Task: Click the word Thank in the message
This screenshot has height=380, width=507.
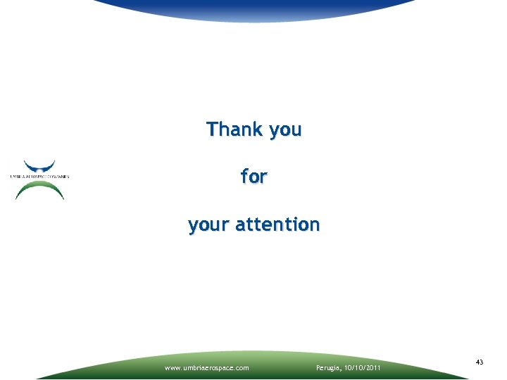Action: click(x=234, y=129)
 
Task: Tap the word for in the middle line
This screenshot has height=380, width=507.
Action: click(x=254, y=177)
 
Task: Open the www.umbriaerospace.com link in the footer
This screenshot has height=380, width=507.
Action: click(x=206, y=367)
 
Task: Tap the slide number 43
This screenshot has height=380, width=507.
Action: click(x=480, y=362)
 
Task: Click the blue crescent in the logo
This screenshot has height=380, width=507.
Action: click(x=40, y=167)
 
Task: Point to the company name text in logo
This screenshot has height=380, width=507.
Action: click(x=40, y=176)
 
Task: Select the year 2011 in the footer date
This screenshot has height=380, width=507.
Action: click(x=373, y=367)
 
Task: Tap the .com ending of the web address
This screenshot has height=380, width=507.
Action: click(x=241, y=367)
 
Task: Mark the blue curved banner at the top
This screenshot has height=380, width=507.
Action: click(x=254, y=8)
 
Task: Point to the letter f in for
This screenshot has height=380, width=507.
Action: click(x=244, y=177)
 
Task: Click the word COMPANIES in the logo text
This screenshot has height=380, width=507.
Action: click(x=58, y=176)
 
